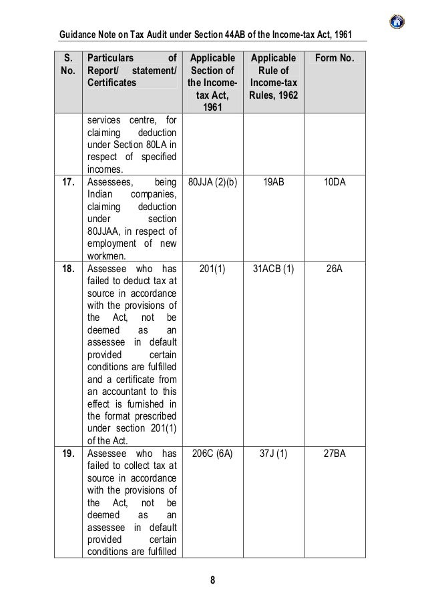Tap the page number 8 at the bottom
coord(212,578)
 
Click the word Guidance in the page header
coord(77,34)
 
